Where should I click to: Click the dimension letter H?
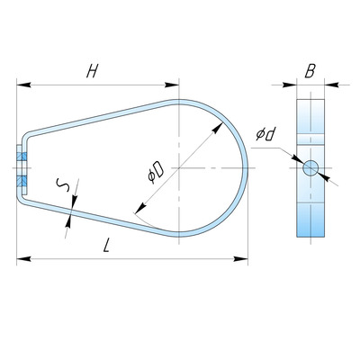pos(93,71)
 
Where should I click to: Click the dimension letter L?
pos(106,246)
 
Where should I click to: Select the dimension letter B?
pos(310,71)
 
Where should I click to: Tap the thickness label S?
pos(64,185)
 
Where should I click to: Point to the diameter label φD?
pos(156,172)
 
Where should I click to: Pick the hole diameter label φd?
pos(265,134)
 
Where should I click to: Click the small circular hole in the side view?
pos(310,167)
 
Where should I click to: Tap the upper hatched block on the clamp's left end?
pos(22,157)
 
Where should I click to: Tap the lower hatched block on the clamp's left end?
pos(22,182)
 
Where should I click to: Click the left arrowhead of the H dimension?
pos(23,85)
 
